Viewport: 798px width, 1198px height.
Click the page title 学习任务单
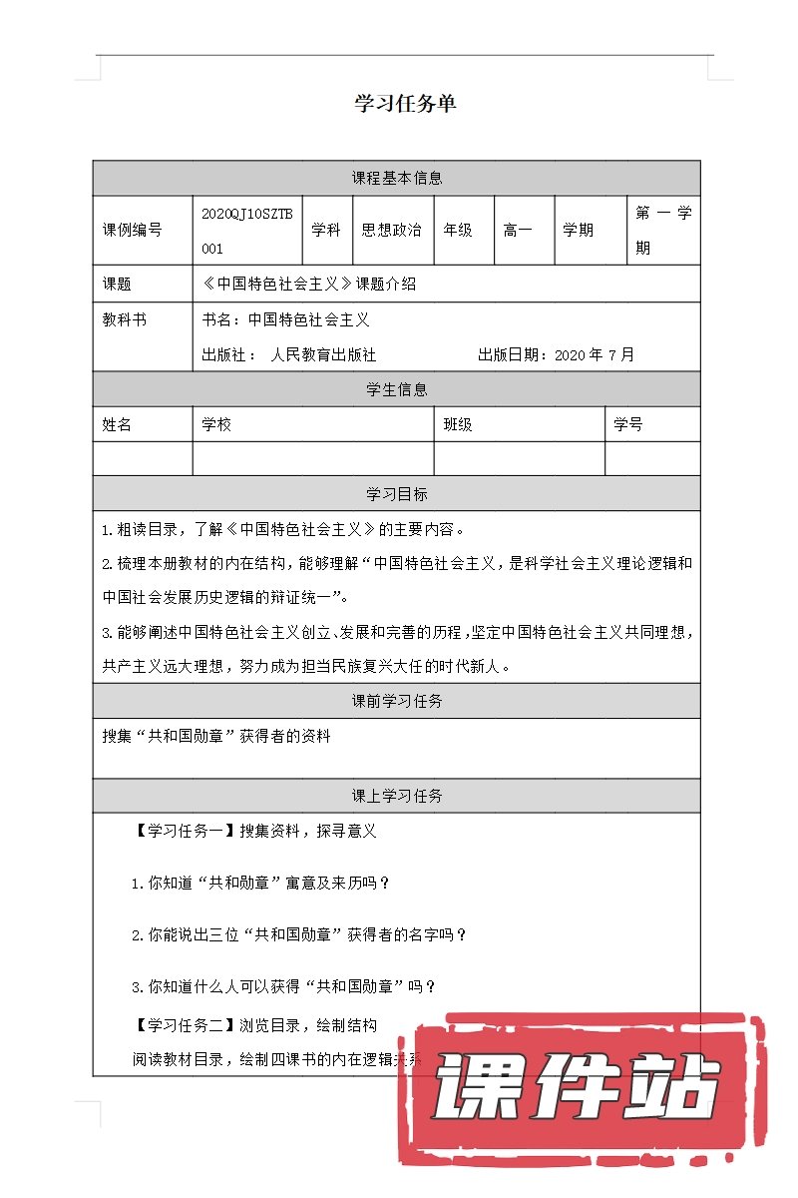(405, 104)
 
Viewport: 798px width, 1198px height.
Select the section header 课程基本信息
(397, 179)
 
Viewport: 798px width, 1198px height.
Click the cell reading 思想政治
(391, 230)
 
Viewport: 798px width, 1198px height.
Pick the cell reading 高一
(518, 230)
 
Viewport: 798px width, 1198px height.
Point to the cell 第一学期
(663, 230)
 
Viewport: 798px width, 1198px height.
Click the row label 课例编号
(132, 230)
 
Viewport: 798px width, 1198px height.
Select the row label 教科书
(124, 320)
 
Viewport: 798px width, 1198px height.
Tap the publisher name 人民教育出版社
(323, 354)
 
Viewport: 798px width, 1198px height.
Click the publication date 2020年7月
(594, 354)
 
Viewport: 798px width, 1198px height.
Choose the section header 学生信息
(397, 389)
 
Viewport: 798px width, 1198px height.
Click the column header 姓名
(117, 424)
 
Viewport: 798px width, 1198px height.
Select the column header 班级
(458, 424)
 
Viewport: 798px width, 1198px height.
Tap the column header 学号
(628, 424)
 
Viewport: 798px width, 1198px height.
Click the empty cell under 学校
(313, 458)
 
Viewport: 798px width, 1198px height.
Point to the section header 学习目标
(397, 494)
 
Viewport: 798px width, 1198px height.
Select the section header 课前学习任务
(397, 701)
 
